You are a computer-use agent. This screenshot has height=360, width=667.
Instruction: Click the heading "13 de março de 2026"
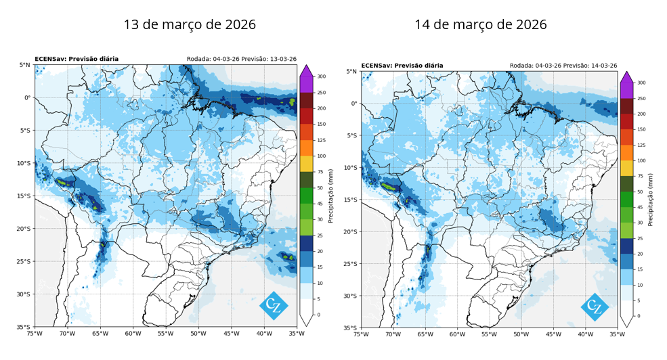click(x=190, y=24)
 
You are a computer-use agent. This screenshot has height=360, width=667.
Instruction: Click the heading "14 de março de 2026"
click(x=481, y=24)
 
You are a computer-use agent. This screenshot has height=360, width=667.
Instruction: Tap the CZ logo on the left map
click(x=274, y=305)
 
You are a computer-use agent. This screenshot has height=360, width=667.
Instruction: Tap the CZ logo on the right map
click(x=595, y=307)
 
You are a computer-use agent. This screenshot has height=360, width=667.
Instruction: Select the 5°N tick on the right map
click(x=351, y=72)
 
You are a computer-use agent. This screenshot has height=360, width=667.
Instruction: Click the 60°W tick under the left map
click(x=133, y=334)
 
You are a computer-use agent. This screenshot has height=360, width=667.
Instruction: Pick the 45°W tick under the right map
click(x=553, y=334)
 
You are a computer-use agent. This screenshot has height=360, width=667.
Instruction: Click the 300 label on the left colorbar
click(x=321, y=76)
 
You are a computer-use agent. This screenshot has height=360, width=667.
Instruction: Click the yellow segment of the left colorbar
click(x=306, y=164)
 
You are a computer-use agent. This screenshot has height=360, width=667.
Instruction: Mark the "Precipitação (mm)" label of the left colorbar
click(x=330, y=196)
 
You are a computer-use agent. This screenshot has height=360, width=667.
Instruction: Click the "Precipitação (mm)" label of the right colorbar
click(x=650, y=200)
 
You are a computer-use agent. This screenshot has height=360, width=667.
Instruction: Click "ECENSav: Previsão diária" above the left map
click(x=77, y=59)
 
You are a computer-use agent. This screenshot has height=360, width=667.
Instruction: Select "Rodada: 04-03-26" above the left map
click(x=213, y=59)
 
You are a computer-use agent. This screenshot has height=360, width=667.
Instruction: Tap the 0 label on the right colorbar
click(x=639, y=316)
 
